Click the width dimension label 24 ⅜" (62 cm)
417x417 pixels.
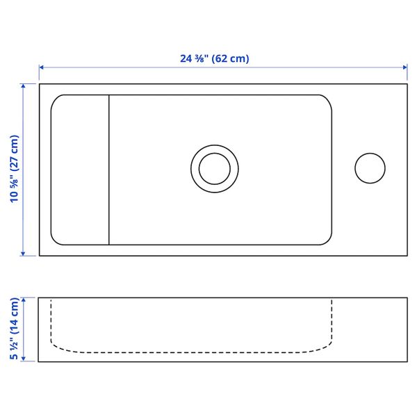214,59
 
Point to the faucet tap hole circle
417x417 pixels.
370,168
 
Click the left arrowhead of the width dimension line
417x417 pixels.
42,67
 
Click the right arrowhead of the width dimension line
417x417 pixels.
404,67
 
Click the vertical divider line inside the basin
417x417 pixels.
109,170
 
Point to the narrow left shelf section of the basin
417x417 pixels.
81,170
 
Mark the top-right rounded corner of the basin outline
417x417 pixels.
327,99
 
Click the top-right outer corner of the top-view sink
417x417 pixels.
407,84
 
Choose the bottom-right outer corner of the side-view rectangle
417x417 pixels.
407,362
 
